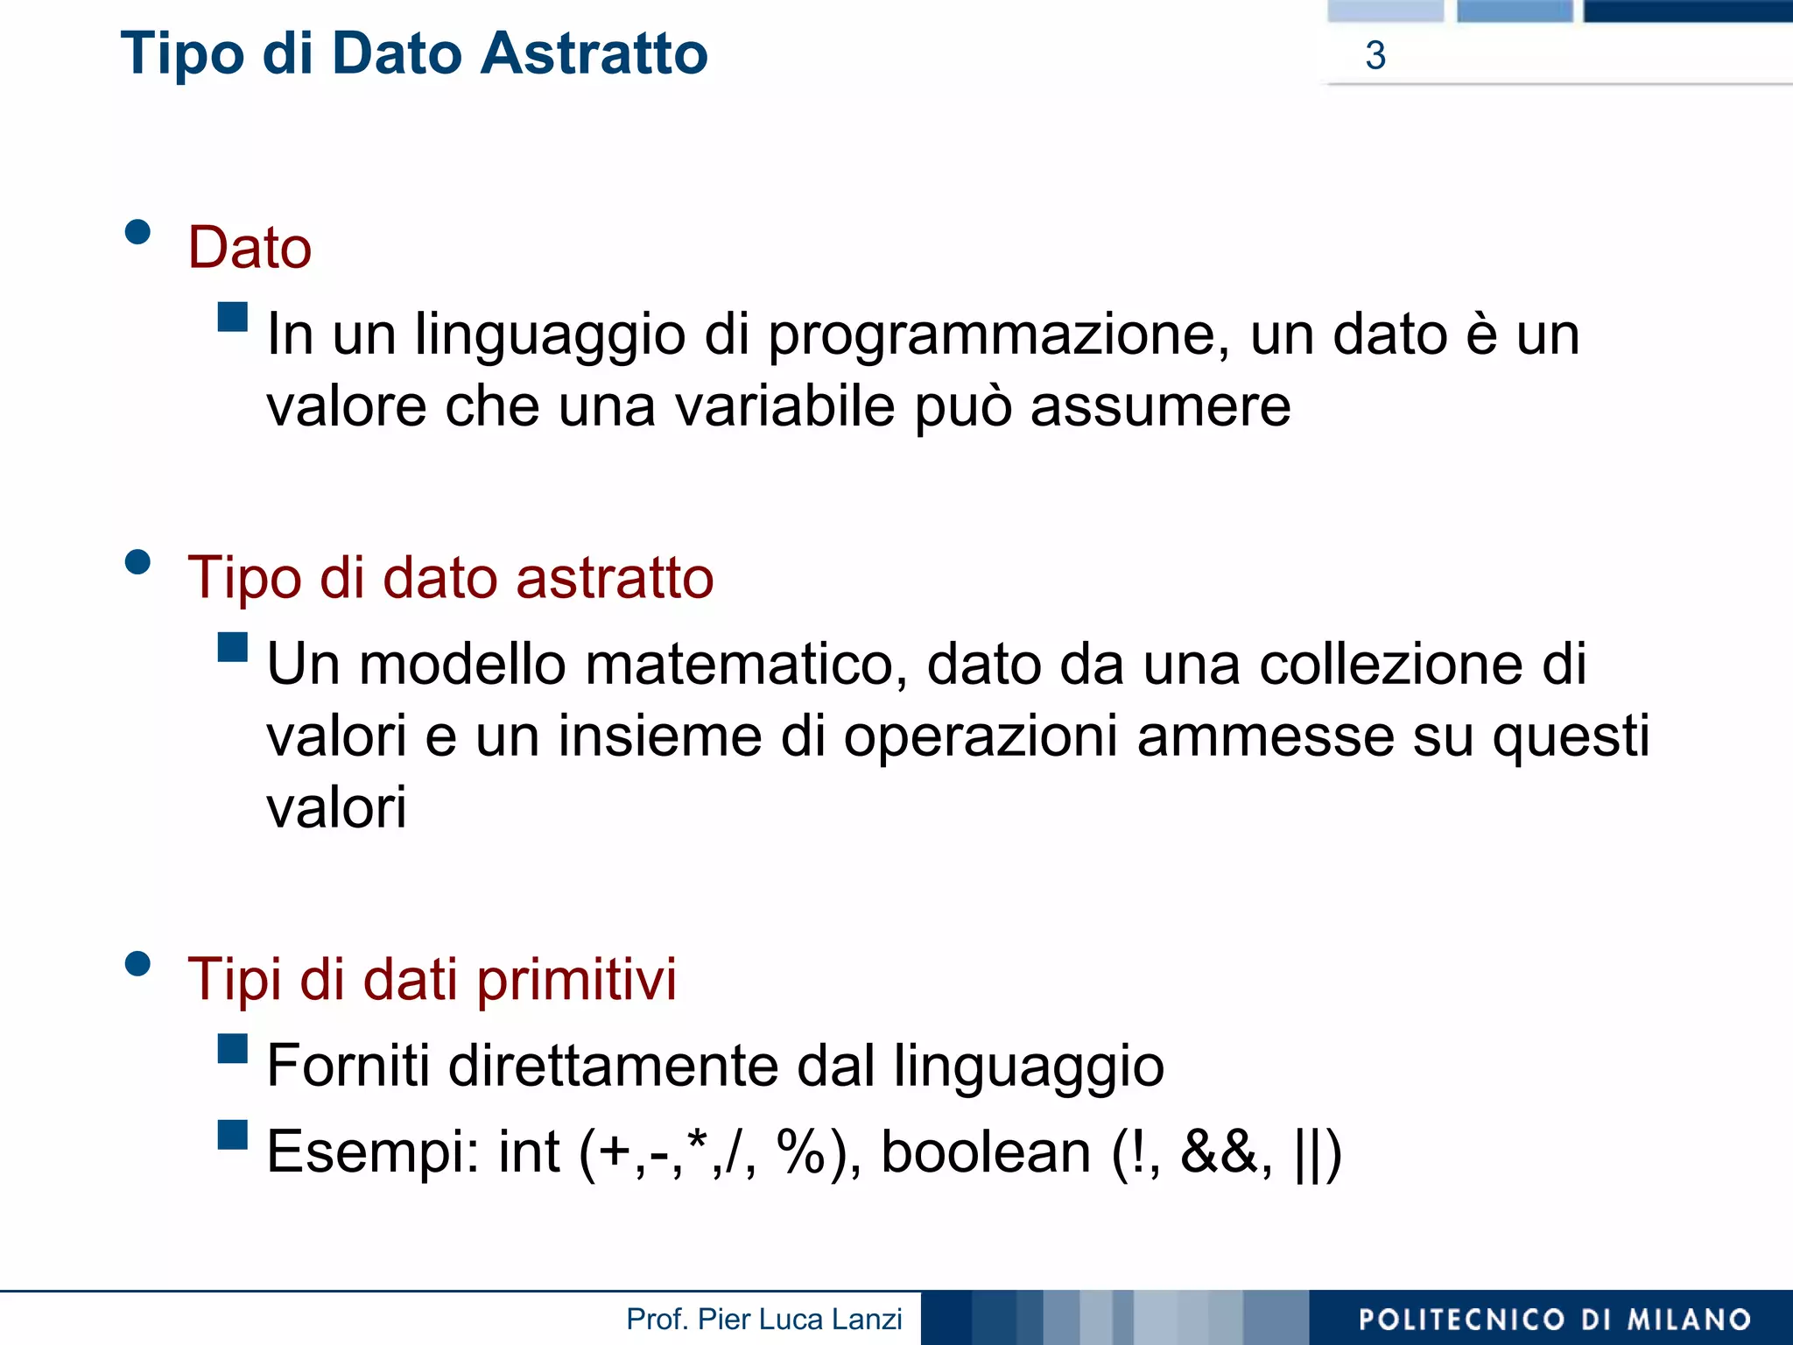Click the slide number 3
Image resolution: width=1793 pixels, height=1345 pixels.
1375,56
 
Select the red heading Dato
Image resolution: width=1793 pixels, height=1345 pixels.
250,248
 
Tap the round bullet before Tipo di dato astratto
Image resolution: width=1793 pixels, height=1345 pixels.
138,561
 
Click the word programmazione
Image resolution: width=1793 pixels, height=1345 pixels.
998,336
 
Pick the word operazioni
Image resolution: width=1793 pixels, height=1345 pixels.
981,737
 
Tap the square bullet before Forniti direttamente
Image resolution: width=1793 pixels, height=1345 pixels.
233,1049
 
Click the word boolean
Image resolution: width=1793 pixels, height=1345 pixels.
986,1152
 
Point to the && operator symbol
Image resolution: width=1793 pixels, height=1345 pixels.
1220,1152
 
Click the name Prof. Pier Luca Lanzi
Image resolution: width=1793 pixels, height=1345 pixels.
763,1320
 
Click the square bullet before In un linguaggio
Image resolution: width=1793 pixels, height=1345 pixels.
233,317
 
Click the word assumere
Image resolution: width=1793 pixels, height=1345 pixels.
1160,408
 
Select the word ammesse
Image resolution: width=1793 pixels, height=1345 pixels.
1265,737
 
